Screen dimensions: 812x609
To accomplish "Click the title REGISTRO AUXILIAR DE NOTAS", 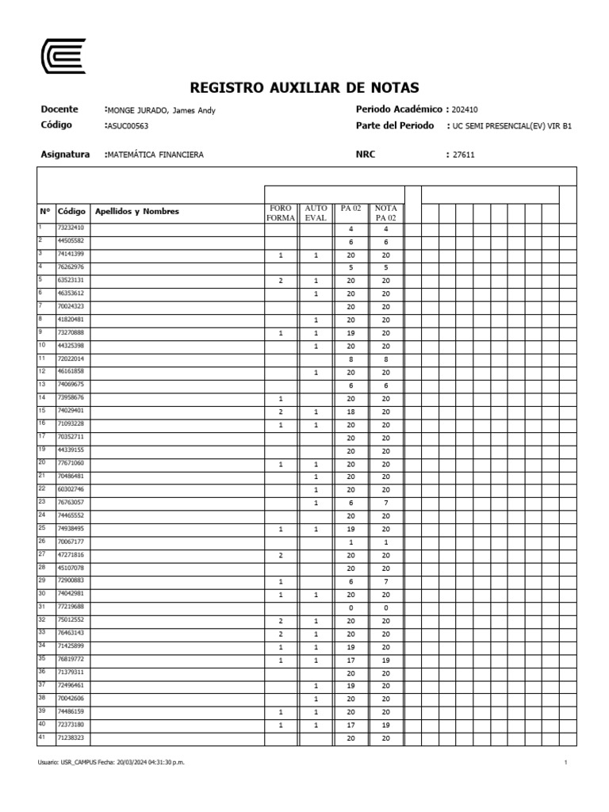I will (304, 88).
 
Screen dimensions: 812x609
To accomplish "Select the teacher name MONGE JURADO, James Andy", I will (162, 110).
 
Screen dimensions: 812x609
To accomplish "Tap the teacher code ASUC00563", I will (128, 125).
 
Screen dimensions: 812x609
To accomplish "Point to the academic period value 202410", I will (465, 109).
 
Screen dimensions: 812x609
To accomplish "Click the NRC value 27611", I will (463, 155).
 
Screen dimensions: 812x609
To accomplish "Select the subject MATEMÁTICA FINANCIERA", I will (155, 155).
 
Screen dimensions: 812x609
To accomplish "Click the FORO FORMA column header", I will (281, 213).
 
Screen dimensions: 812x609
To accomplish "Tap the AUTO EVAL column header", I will (316, 213).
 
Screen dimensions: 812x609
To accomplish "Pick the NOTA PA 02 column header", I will (385, 213).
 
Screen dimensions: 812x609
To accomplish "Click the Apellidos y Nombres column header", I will (137, 212).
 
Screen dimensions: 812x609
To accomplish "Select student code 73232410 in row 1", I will (71, 228).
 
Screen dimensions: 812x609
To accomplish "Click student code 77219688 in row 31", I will (71, 606).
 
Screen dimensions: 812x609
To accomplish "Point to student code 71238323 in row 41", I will (71, 737).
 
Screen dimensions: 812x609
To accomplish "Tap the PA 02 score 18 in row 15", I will (350, 412).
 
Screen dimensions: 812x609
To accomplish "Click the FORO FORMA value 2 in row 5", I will (281, 281).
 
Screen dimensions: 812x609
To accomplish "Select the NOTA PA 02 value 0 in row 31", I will (385, 607).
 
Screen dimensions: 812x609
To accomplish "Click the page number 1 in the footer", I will (565, 762).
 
